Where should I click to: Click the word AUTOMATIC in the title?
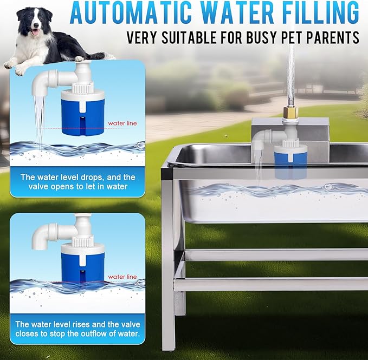point(131,12)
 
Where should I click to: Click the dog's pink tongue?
point(35,32)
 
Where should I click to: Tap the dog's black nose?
point(36,25)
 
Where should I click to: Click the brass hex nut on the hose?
point(290,113)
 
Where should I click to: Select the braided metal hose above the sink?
point(290,75)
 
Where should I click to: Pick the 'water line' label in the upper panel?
point(122,123)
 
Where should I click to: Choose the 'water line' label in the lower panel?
point(122,277)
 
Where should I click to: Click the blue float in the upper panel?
point(82,116)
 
